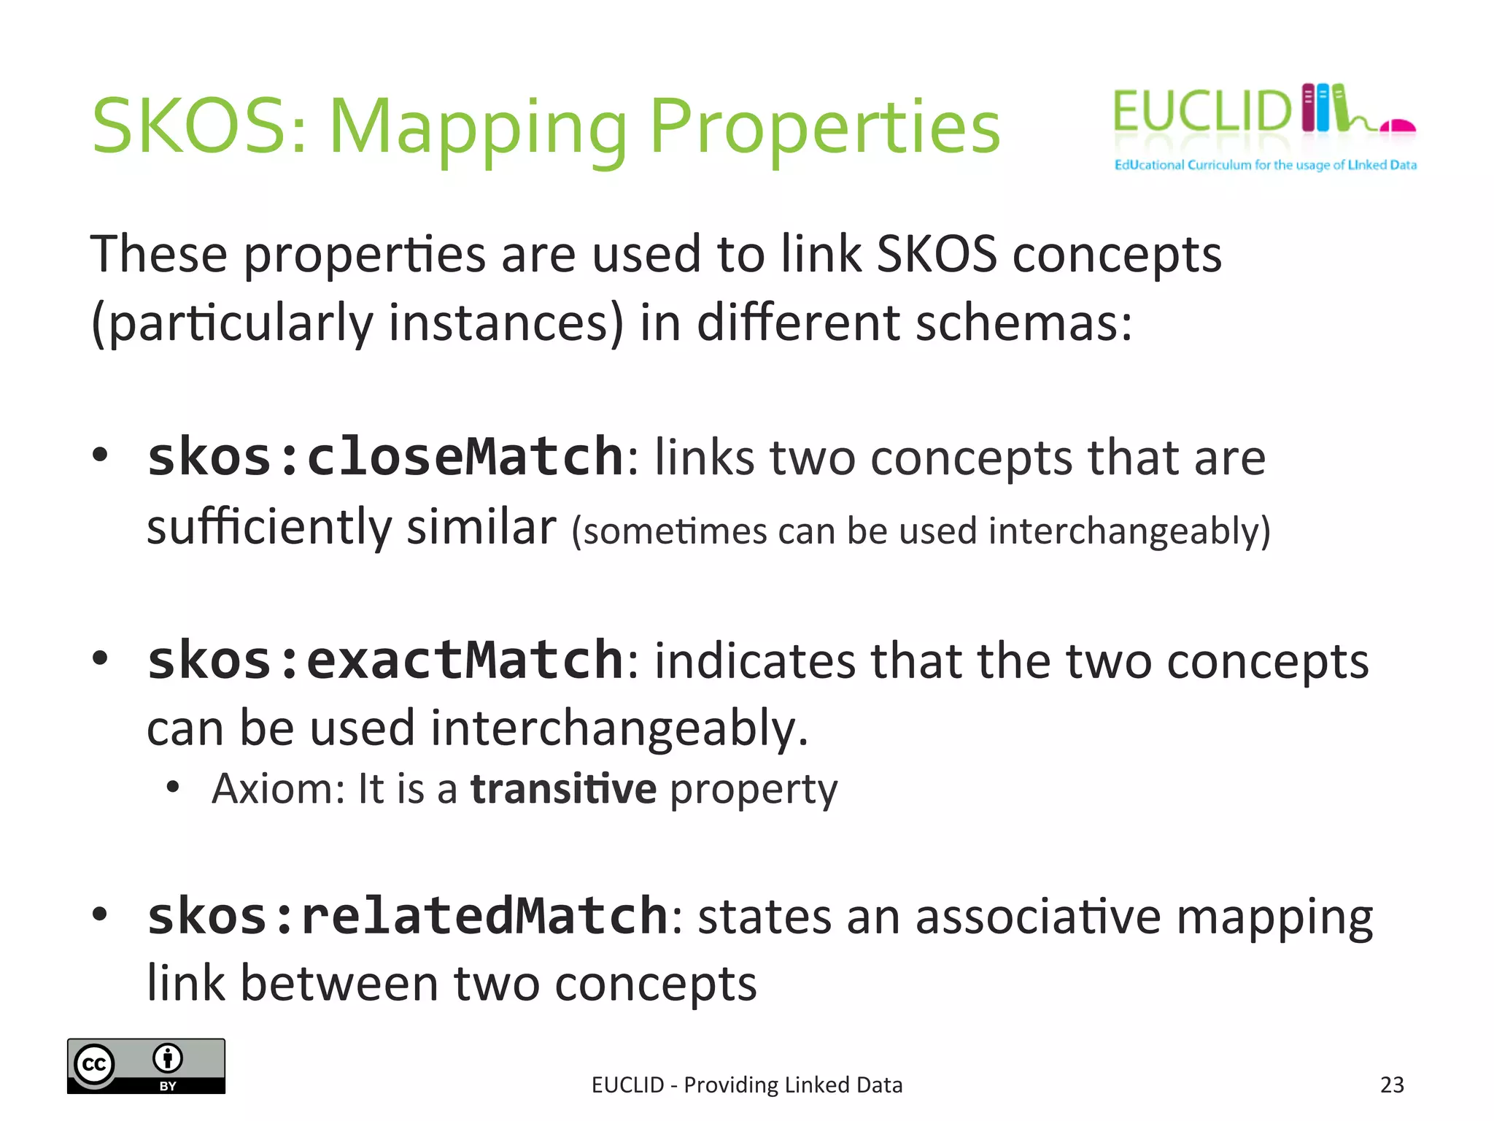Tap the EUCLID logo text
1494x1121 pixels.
point(1201,112)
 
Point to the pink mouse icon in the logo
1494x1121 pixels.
point(1398,126)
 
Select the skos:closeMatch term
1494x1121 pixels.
point(385,458)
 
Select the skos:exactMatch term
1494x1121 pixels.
point(385,660)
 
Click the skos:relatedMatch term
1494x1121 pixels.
point(407,916)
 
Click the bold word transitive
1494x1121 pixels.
point(563,789)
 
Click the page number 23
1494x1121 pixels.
point(1392,1085)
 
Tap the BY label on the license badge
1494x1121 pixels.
point(168,1086)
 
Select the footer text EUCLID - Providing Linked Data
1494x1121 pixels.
point(747,1085)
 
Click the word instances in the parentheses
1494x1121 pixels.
point(506,323)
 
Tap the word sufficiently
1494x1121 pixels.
point(269,528)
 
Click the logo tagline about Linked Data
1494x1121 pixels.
point(1265,165)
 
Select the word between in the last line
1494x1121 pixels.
point(339,984)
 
